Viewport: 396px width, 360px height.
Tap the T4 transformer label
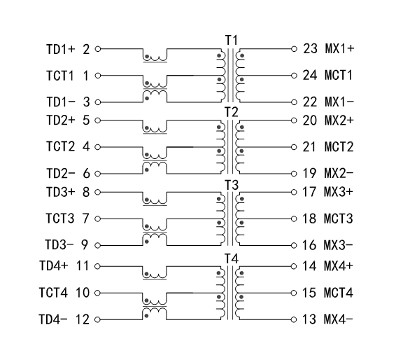pyautogui.click(x=231, y=258)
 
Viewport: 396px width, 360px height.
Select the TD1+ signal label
pyautogui.click(x=61, y=50)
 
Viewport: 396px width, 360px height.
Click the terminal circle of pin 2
pyautogui.click(x=97, y=50)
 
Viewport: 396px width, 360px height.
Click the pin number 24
pyautogui.click(x=310, y=75)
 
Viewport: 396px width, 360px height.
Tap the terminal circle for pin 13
pyautogui.click(x=295, y=319)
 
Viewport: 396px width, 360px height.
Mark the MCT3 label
pyautogui.click(x=339, y=220)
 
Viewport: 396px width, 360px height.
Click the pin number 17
pyautogui.click(x=310, y=191)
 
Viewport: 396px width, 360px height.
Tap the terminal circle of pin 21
pyautogui.click(x=295, y=148)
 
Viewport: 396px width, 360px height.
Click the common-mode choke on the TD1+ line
pyautogui.click(x=155, y=56)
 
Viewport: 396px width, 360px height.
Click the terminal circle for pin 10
pyautogui.click(x=97, y=293)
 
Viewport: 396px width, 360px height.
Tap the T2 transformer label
pyautogui.click(x=231, y=112)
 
